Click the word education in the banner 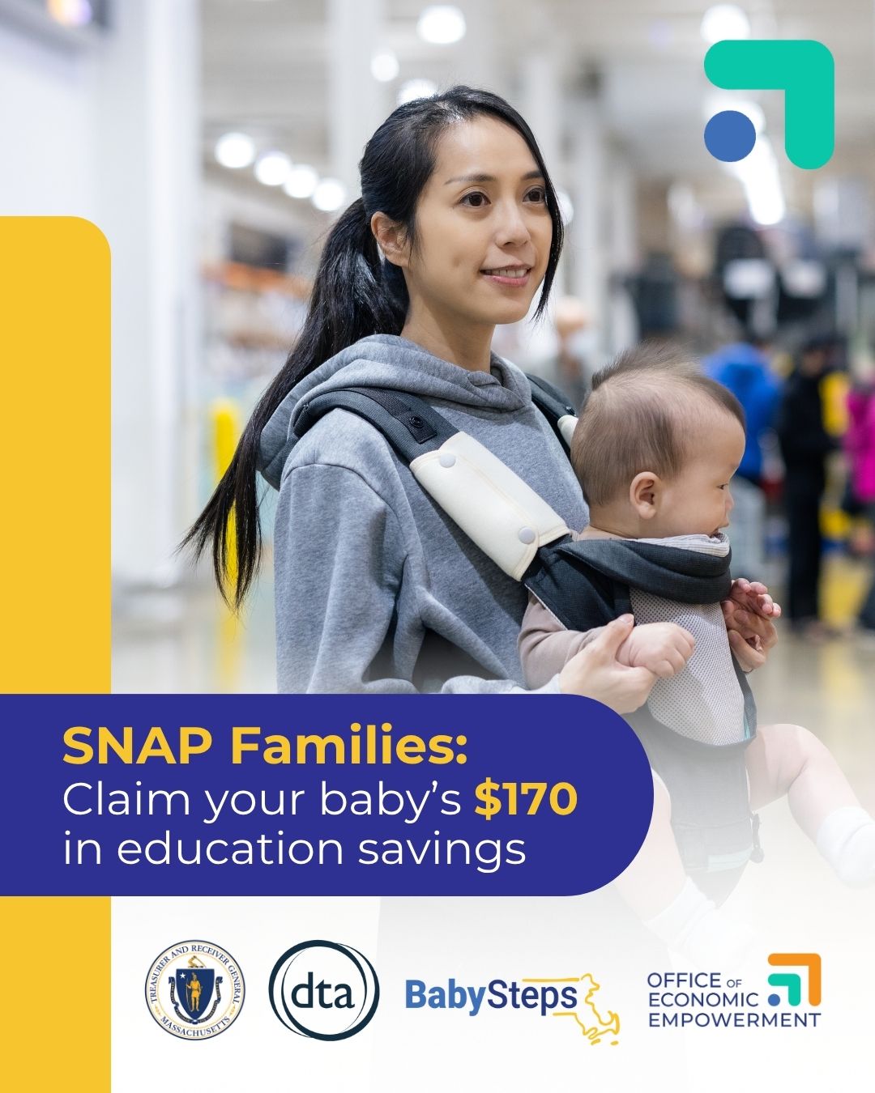230,849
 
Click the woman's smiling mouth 506,274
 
